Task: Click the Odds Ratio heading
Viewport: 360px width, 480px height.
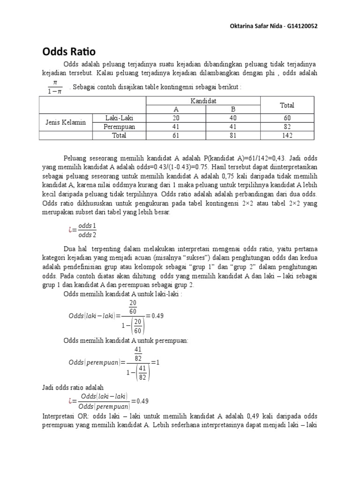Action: pos(69,51)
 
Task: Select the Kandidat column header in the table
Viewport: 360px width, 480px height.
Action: pos(203,101)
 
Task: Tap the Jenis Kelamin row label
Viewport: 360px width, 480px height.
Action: pos(66,122)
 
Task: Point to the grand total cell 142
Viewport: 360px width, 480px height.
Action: pos(287,135)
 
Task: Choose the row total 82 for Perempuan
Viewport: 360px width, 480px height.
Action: pos(287,127)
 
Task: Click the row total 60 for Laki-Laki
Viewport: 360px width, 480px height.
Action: pos(287,118)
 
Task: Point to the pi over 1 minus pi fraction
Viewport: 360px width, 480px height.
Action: pos(55,87)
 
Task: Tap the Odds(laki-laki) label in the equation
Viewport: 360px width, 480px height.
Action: pos(93,315)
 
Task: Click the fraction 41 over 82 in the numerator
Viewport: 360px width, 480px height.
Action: pos(138,354)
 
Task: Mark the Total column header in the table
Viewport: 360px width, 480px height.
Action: pos(287,105)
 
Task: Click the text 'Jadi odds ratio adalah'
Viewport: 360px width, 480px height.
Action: pos(73,388)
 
